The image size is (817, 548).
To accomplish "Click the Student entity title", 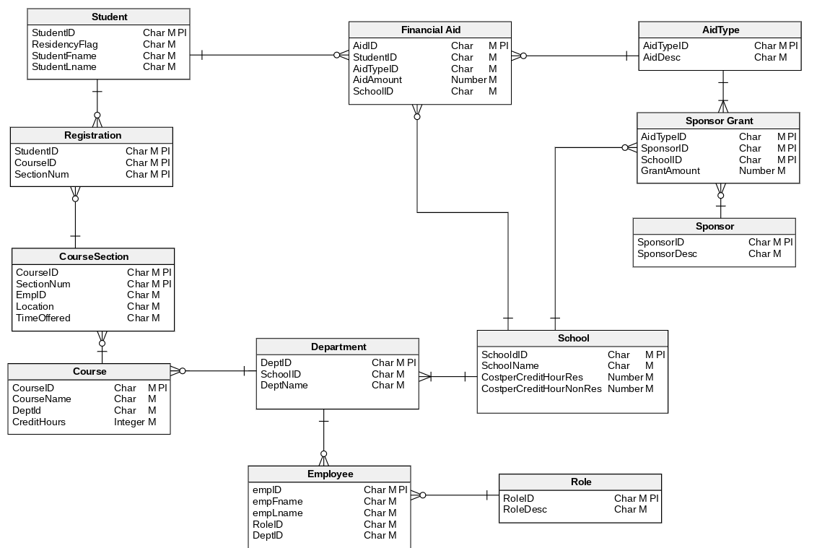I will (x=109, y=17).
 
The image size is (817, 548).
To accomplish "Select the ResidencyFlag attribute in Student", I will (x=65, y=44).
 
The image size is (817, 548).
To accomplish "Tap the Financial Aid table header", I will (x=430, y=30).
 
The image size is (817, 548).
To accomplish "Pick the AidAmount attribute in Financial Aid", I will (x=377, y=79).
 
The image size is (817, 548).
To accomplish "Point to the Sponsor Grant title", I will (x=719, y=121).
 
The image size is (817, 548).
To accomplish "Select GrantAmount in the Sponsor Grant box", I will (x=670, y=171).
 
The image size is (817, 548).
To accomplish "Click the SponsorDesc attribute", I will (x=668, y=253).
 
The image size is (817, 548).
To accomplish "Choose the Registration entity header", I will (x=92, y=135).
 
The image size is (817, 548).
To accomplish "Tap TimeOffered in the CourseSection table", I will (x=43, y=318).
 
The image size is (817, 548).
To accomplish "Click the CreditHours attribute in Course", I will (x=39, y=422).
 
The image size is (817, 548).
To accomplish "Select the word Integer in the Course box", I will (x=129, y=422).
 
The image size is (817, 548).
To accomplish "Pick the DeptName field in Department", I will (x=284, y=385).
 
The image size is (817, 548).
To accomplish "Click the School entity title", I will (x=573, y=338).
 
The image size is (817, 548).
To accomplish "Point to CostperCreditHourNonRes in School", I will (x=541, y=388).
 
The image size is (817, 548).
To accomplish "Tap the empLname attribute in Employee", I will (x=278, y=513).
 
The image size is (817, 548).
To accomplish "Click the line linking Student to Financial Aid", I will (x=267, y=55).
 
